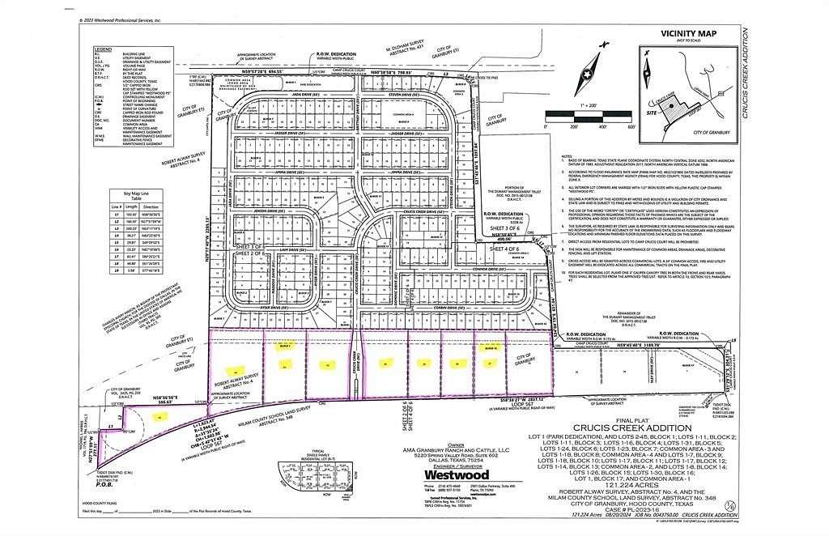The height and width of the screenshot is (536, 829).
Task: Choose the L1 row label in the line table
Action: point(117,215)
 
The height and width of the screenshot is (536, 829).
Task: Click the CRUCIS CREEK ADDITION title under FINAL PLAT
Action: point(632,428)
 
